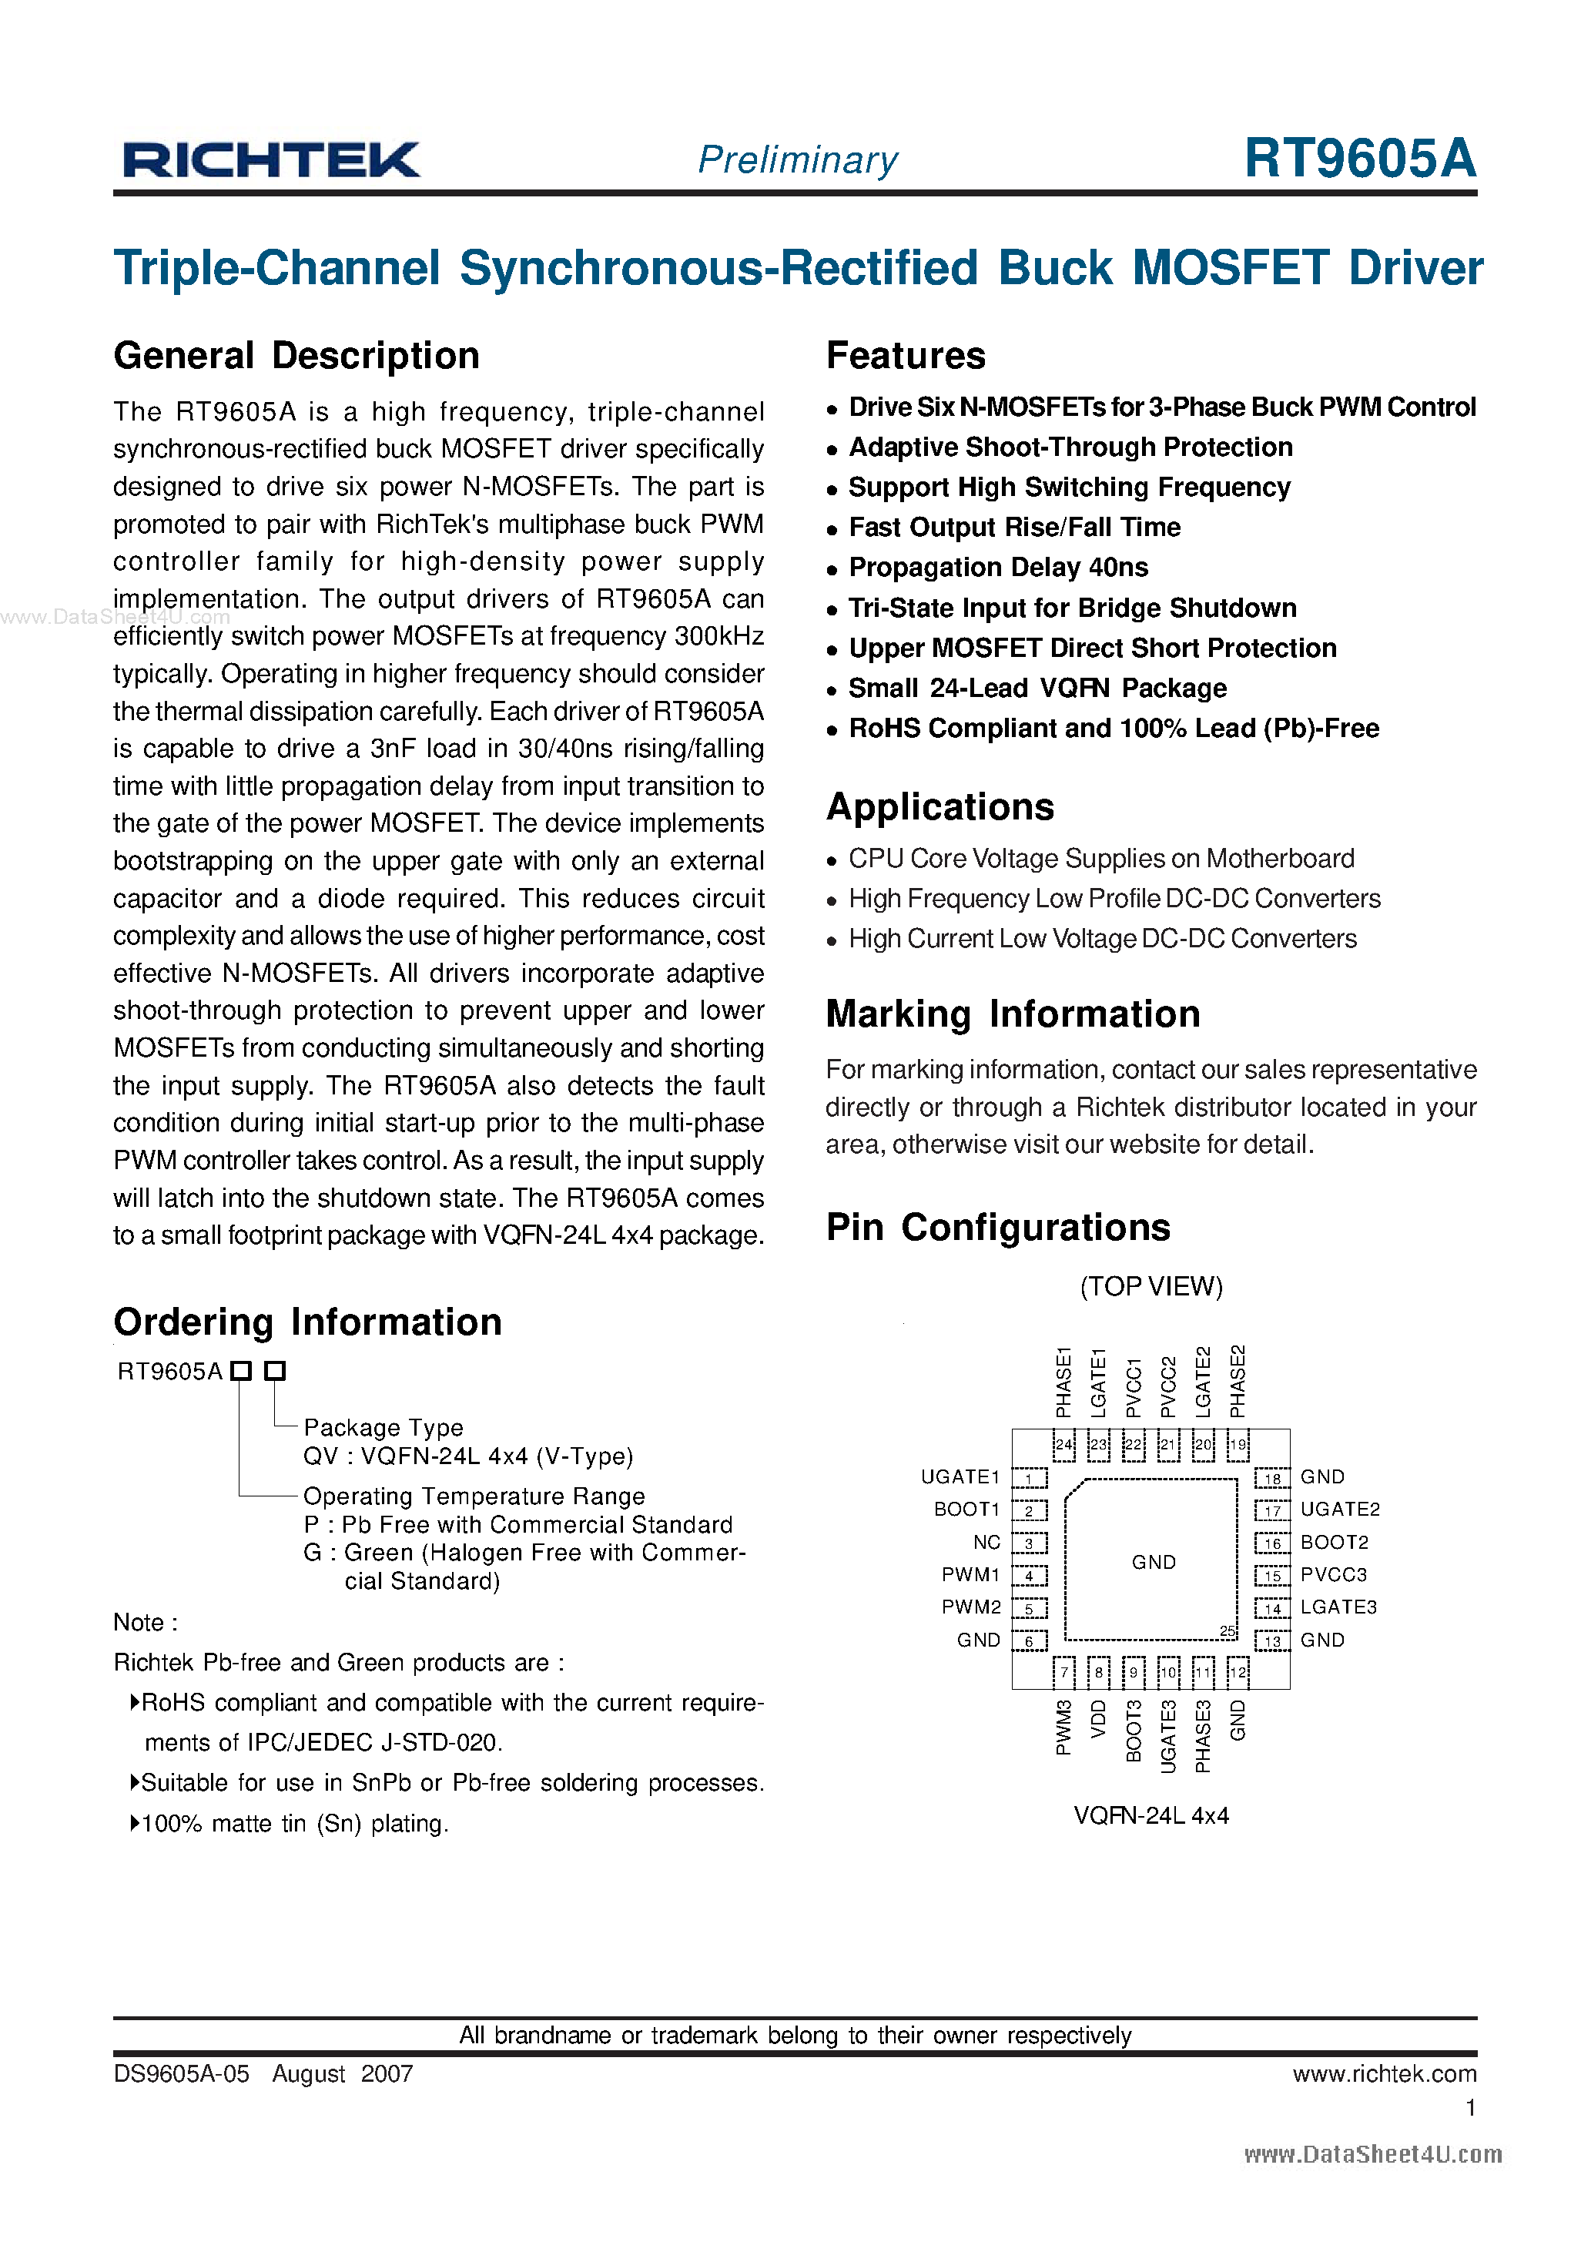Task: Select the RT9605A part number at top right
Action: click(1359, 158)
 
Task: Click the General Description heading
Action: click(296, 356)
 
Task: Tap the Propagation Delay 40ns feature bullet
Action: click(997, 568)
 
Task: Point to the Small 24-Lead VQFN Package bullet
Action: click(1037, 689)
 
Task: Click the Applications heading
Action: click(940, 807)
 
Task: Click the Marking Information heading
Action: click(1012, 1014)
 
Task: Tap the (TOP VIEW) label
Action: click(1151, 1287)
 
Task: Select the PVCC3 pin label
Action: click(1333, 1575)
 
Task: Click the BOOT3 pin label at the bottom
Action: click(1134, 1732)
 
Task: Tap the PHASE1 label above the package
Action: click(1063, 1383)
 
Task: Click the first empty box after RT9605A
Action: click(241, 1371)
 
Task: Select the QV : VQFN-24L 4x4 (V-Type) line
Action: click(468, 1456)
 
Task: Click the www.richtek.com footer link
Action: click(1383, 2073)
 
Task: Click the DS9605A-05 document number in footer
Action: click(182, 2073)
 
